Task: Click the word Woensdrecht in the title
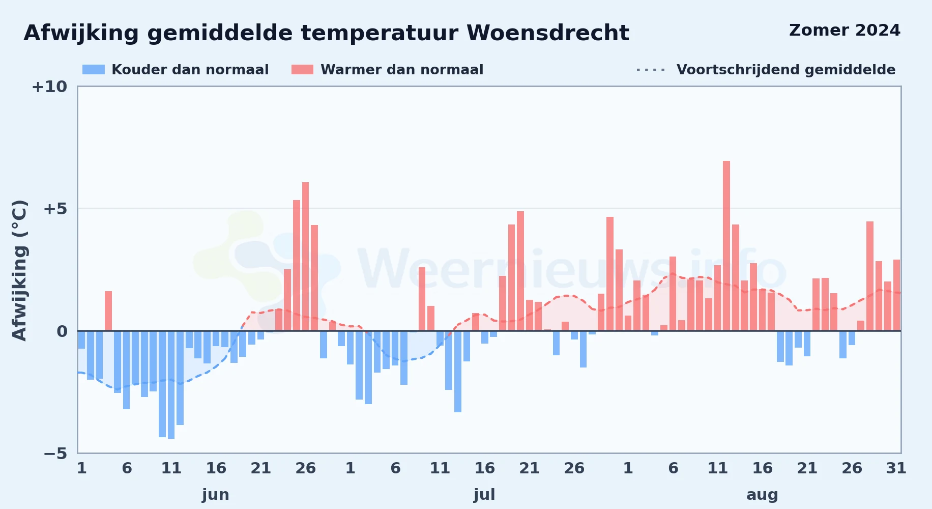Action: click(548, 33)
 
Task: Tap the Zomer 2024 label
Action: click(844, 31)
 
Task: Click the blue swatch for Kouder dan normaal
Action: click(94, 70)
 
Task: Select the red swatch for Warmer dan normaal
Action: click(302, 70)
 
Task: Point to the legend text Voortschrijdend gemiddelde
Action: click(786, 70)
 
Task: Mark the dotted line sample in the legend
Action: click(651, 70)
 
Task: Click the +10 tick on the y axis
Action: click(49, 87)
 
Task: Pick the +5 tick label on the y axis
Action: click(55, 209)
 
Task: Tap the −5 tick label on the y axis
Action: click(55, 454)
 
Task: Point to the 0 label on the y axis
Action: click(62, 331)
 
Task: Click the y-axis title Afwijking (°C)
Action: click(19, 270)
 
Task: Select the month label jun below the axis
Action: click(216, 495)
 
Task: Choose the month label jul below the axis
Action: click(484, 495)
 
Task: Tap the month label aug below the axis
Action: click(762, 495)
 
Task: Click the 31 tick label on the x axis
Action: click(896, 468)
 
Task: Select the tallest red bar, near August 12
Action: click(726, 246)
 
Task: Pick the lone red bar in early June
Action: click(108, 311)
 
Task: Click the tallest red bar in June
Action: click(305, 257)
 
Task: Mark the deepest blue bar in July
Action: click(458, 372)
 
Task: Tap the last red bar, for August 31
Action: click(896, 295)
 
